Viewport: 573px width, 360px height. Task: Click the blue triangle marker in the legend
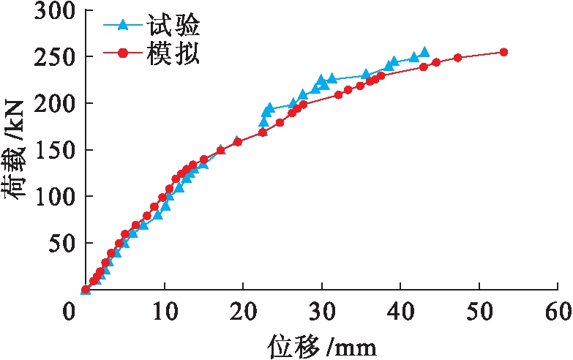123,27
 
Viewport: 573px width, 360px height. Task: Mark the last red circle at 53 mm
503,52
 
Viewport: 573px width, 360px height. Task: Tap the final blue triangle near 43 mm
424,52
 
